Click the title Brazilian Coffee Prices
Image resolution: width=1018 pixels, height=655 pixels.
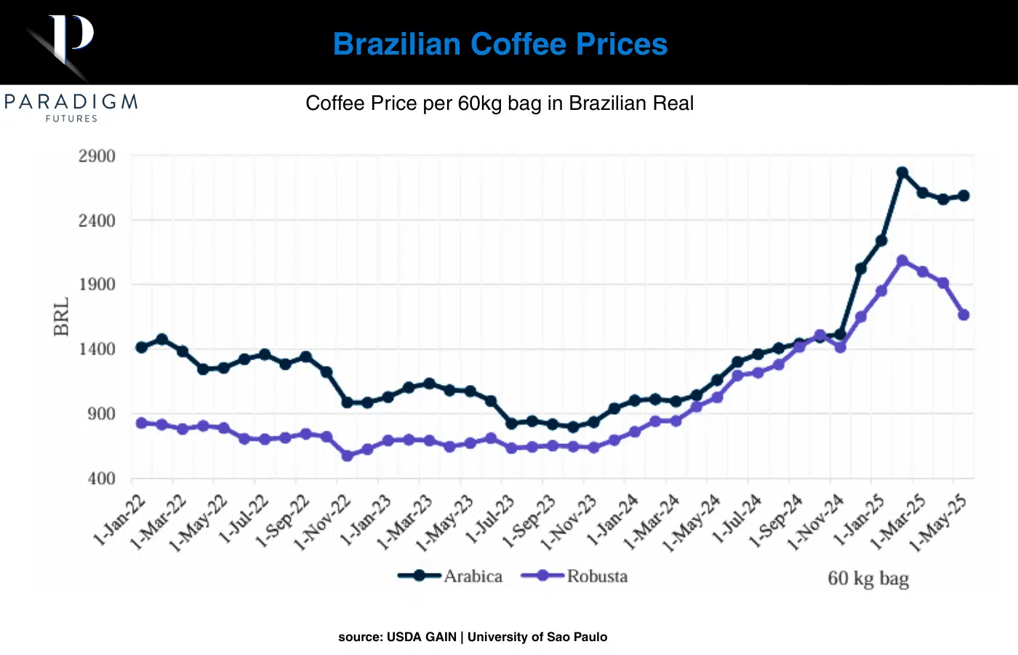[x=500, y=44]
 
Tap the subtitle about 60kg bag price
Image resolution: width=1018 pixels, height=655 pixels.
[x=500, y=103]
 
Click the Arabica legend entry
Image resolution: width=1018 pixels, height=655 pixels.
[x=473, y=576]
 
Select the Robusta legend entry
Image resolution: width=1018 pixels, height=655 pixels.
[x=597, y=576]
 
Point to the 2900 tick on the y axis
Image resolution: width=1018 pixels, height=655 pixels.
[x=97, y=156]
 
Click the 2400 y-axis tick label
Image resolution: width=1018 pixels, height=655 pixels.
[x=97, y=221]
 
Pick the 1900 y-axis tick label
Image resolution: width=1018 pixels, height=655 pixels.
[x=97, y=285]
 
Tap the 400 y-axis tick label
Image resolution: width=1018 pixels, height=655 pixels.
[x=101, y=478]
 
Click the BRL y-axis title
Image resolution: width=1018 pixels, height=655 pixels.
[x=62, y=317]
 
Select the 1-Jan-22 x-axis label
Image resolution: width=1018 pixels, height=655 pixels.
[x=120, y=520]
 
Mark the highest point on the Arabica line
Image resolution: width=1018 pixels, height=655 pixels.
[x=902, y=172]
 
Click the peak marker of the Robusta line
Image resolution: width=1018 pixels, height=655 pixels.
[x=902, y=261]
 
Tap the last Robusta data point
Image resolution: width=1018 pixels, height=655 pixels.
[x=964, y=315]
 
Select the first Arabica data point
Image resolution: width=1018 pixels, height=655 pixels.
[x=141, y=347]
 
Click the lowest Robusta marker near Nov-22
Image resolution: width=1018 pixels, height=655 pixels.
[x=347, y=456]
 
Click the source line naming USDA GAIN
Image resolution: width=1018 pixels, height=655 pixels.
[x=473, y=637]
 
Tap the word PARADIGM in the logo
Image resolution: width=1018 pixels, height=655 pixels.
[x=71, y=102]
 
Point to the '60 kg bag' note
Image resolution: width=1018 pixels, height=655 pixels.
[x=868, y=579]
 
